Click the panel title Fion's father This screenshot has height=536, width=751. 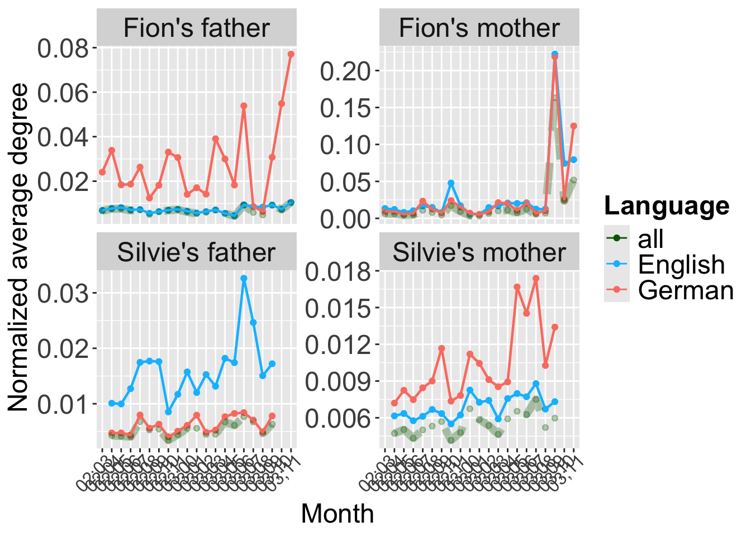point(196,28)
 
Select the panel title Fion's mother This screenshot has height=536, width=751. point(479,28)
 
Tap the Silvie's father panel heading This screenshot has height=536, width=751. point(196,252)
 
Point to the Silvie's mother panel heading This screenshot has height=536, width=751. point(479,252)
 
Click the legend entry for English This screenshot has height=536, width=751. point(681,265)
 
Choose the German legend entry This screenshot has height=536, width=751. point(686,290)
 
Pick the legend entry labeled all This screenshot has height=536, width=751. point(650,239)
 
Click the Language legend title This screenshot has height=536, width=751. point(667,206)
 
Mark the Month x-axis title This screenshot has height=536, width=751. point(337,514)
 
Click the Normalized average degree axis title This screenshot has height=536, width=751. point(18,247)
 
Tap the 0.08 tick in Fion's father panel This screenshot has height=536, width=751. point(63,48)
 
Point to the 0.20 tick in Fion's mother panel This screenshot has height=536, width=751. point(345,71)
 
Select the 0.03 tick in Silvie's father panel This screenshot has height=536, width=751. point(63,293)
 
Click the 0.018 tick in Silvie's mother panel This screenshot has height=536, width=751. point(339,271)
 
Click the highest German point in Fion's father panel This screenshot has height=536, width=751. point(291,54)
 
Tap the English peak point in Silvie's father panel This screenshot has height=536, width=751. point(244,278)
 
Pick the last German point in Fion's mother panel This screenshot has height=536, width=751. point(573,126)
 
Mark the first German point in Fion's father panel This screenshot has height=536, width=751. point(102,172)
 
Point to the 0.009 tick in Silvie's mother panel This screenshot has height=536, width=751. point(339,381)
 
